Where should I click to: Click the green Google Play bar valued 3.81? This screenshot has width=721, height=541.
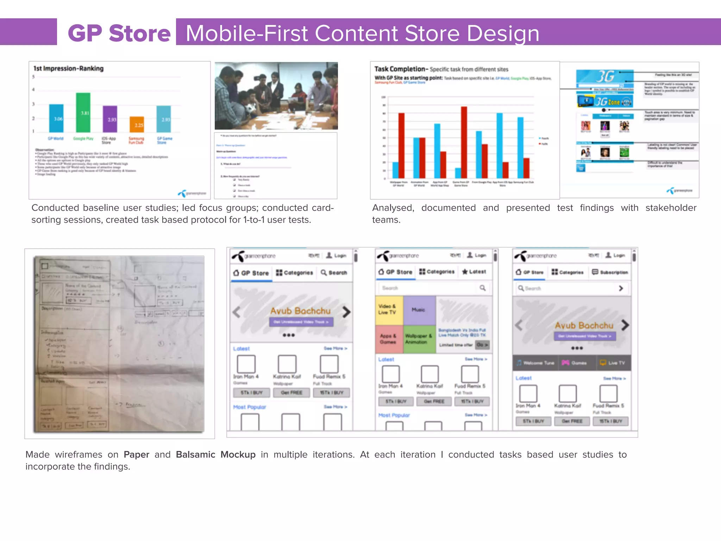83,112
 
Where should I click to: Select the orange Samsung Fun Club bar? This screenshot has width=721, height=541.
137,124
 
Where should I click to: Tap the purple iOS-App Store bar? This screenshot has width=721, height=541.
110,119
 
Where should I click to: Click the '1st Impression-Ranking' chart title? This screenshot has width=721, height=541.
69,68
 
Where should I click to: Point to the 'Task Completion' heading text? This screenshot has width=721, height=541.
400,69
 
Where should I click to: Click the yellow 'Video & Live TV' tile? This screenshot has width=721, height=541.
389,310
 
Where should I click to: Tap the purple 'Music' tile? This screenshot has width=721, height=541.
419,310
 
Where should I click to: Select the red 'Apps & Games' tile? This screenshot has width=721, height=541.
389,339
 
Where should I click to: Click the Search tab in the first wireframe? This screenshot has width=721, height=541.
334,273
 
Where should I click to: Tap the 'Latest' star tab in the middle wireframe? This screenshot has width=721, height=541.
474,272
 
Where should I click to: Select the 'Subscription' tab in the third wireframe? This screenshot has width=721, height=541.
610,272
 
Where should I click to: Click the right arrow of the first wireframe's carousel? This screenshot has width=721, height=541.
346,312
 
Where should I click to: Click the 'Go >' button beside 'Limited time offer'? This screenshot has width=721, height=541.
482,345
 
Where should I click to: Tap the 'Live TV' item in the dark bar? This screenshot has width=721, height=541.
613,363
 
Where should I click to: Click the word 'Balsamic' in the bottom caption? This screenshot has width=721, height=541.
195,454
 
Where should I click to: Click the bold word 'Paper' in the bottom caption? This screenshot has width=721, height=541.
136,454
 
